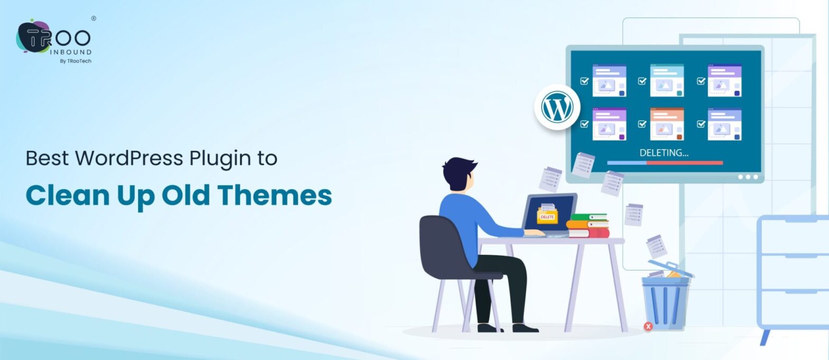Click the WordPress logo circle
tap(557, 107)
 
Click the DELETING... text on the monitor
tap(664, 153)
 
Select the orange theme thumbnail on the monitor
tap(667, 124)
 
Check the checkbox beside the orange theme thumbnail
tap(642, 124)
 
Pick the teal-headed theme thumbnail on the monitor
tap(667, 80)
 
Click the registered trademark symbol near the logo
tap(94, 19)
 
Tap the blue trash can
tap(666, 301)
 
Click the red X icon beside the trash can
tap(648, 327)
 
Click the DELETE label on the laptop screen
tap(547, 217)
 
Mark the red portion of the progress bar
tap(684, 163)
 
